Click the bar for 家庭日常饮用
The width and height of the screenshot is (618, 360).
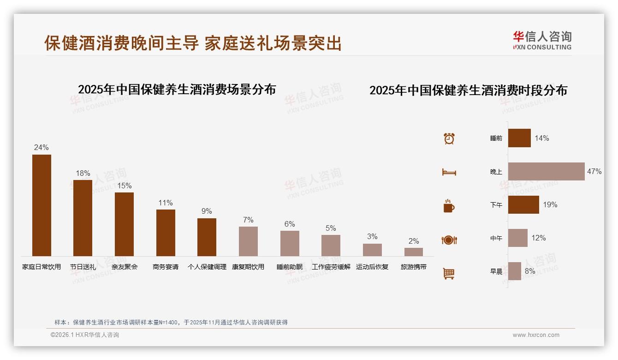(42, 205)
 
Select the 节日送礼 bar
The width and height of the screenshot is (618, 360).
(83, 218)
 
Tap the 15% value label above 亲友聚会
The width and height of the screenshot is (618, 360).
(124, 186)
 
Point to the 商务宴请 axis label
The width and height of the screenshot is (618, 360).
(166, 267)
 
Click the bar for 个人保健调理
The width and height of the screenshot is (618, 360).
(207, 237)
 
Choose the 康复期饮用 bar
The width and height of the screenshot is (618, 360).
(248, 241)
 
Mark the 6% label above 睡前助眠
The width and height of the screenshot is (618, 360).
(290, 224)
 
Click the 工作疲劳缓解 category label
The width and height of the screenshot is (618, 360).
(331, 267)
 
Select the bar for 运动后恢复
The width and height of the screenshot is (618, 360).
(372, 250)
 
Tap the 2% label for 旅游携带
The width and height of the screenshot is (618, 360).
(414, 241)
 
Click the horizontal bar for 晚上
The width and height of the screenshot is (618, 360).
(546, 171)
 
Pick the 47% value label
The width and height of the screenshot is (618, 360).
(594, 171)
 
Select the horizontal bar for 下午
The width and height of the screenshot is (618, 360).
(523, 204)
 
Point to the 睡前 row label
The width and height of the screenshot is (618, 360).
(496, 138)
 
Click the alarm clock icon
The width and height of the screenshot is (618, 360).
(449, 138)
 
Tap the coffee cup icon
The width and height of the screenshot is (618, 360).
(449, 206)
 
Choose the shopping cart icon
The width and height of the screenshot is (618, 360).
(449, 273)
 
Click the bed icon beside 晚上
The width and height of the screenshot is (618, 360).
(449, 172)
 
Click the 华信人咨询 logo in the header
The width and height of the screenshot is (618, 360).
(542, 40)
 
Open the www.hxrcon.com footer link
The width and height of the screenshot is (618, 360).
(536, 335)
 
